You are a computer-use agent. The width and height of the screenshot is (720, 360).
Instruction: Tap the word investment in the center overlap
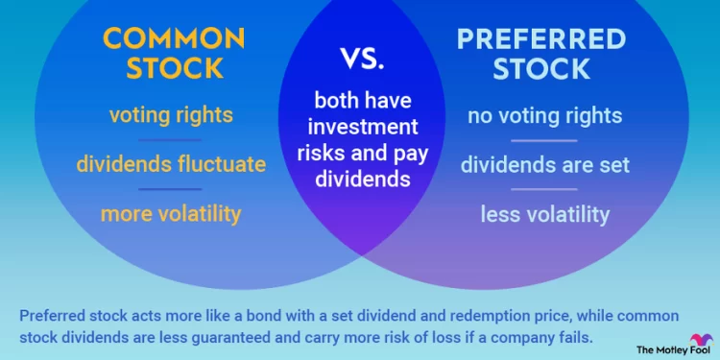coord(360,129)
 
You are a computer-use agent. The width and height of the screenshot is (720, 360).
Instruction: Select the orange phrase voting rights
coord(171,116)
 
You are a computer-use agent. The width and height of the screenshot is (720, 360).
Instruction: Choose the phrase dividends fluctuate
coord(171,164)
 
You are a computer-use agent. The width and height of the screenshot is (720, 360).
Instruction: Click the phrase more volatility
coord(171,213)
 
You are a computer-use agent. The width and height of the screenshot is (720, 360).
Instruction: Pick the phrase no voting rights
coord(544,116)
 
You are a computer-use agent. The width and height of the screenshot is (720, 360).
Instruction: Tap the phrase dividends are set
coord(544,164)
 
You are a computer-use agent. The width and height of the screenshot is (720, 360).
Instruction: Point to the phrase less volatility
coord(544,213)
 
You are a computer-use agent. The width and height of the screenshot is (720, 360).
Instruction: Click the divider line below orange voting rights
coord(171,140)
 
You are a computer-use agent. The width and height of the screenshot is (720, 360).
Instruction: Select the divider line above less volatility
coord(544,189)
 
